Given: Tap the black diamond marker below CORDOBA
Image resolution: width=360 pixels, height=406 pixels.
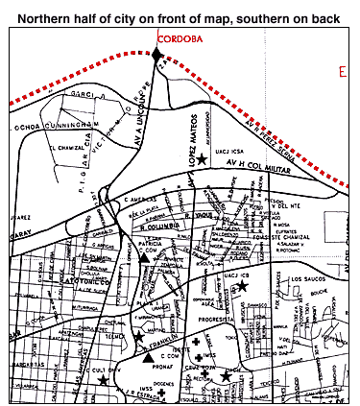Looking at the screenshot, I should pos(157,55).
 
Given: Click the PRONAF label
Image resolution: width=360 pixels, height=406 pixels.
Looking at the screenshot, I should pos(158,366).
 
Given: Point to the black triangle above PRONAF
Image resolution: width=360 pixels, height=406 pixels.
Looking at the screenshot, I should pos(148,356).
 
